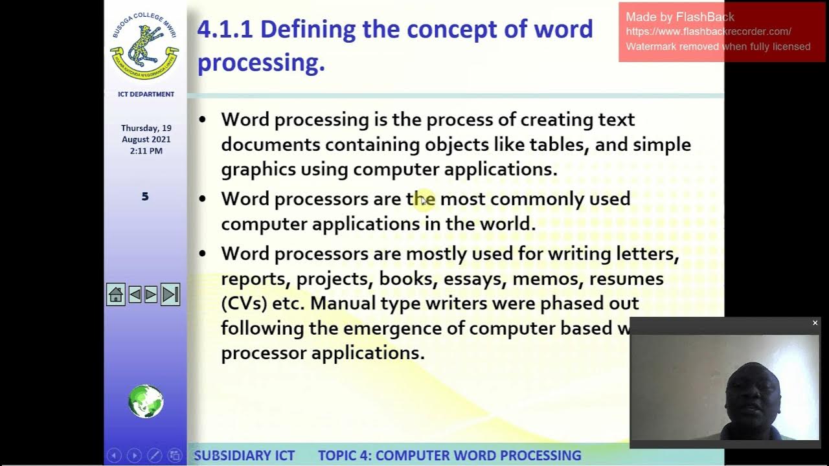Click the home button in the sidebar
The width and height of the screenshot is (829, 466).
pos(116,295)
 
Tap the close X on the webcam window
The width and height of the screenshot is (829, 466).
pos(815,323)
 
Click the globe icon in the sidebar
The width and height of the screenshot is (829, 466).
pos(146,401)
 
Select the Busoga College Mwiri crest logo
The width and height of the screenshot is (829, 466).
pos(145,45)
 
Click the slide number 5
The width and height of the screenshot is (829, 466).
pos(145,196)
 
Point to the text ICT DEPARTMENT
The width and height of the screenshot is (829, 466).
pos(146,94)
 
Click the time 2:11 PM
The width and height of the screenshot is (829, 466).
pos(146,151)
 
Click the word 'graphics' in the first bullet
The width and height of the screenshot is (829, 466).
pos(258,170)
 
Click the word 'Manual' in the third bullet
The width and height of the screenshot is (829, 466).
pos(342,304)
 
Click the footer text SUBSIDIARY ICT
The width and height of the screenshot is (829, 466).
pos(244,456)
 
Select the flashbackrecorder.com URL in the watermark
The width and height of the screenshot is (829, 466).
pos(709,32)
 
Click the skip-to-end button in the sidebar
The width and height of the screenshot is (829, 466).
pos(170,295)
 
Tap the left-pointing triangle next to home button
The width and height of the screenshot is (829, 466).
pos(135,295)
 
